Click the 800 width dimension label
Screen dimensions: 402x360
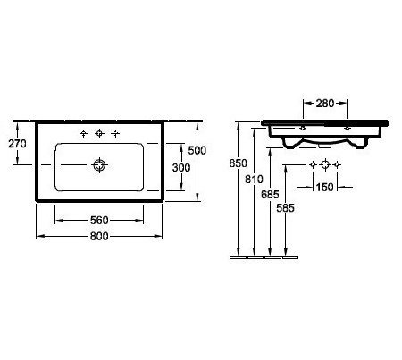[x=99, y=236]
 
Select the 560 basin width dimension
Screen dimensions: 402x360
[x=99, y=221]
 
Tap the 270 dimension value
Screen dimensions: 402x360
[x=17, y=144]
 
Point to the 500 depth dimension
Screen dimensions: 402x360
[x=197, y=150]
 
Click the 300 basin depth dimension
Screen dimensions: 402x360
[x=181, y=168]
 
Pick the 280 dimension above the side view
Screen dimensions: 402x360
[x=325, y=104]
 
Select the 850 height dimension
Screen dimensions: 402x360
[x=239, y=163]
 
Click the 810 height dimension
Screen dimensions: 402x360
[x=254, y=180]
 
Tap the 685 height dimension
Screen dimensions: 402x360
[x=270, y=195]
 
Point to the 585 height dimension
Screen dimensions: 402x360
[x=286, y=208]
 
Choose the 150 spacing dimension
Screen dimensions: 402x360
[x=325, y=188]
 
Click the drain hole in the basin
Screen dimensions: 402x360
[x=99, y=164]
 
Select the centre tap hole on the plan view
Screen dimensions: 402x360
[x=99, y=133]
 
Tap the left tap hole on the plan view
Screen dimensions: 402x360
[x=84, y=133]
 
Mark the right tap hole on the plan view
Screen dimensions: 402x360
[x=115, y=133]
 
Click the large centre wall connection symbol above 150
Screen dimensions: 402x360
[x=325, y=164]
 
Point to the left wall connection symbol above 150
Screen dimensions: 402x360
[x=313, y=164]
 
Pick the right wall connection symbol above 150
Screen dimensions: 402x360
[x=337, y=164]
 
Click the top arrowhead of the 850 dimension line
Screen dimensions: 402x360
[x=239, y=125]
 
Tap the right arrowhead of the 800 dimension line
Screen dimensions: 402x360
[x=159, y=236]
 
